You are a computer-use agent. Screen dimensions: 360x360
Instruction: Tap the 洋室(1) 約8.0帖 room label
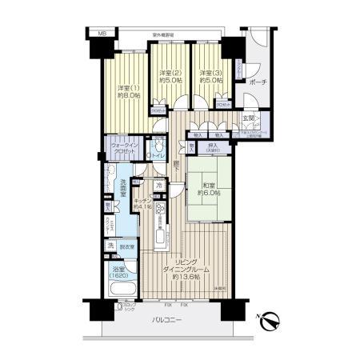[126, 92]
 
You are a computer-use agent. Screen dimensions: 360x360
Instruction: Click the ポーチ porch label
[258, 82]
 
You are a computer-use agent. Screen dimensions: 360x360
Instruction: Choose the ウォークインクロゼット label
[126, 152]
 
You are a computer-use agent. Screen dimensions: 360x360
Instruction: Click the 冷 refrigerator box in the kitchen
[160, 187]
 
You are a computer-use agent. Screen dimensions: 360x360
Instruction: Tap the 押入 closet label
[212, 148]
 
